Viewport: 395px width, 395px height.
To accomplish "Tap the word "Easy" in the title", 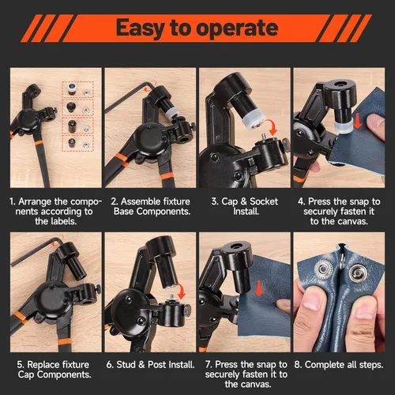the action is point(140,28).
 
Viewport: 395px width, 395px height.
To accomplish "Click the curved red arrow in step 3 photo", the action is point(273,126).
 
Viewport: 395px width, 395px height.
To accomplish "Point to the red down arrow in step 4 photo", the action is point(357,121).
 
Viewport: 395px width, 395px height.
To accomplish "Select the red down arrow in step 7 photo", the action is point(259,288).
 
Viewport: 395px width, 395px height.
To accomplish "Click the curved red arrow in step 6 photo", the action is point(181,292).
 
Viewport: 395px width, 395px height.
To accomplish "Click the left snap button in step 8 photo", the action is point(322,269).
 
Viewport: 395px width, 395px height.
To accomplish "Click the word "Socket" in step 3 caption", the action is point(264,201).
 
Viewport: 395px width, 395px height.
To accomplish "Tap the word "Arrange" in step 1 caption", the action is point(35,202).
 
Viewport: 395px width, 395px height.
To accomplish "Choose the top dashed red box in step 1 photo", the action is point(77,89).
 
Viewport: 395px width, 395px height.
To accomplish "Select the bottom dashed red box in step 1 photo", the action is point(77,144).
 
